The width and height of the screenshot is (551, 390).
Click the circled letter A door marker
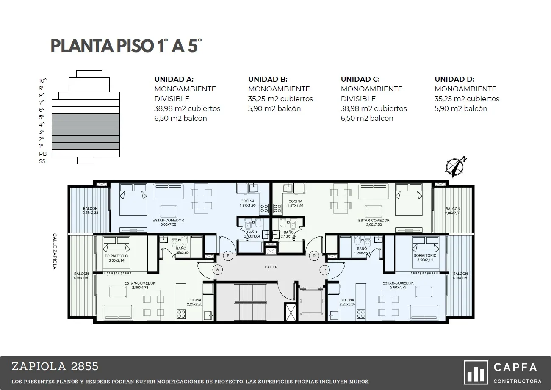click(217, 269)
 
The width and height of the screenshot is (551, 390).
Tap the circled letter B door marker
click(228, 256)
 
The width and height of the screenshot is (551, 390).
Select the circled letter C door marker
click(325, 270)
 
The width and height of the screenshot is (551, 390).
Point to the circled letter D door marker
click(314, 256)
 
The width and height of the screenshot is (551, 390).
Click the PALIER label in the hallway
click(271, 267)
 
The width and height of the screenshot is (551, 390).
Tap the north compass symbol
click(455, 166)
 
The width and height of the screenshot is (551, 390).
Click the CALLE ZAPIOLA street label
click(55, 251)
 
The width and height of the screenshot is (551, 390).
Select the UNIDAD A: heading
click(174, 79)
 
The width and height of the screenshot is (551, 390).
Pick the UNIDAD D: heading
click(454, 79)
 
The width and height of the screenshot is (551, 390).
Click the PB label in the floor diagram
click(43, 154)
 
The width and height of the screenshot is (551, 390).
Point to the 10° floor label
click(42, 80)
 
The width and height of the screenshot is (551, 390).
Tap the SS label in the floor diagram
click(42, 161)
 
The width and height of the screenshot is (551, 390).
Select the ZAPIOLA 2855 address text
click(55, 366)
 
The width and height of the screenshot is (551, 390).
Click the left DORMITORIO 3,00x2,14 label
click(116, 258)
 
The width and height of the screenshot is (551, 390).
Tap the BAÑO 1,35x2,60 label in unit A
click(181, 250)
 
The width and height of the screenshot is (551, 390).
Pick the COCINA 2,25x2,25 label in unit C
click(347, 302)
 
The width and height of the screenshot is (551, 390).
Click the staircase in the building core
click(250, 302)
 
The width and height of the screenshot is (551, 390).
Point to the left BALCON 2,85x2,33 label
click(90, 211)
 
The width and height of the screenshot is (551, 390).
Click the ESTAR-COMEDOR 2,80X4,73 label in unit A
click(140, 285)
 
